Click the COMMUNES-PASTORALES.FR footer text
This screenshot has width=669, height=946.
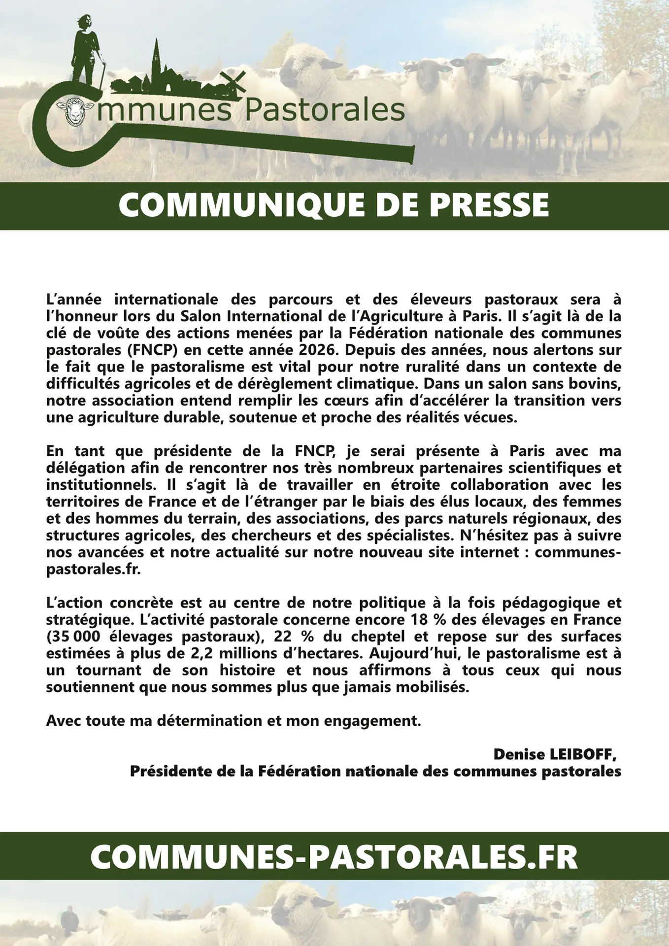(x=334, y=857)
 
